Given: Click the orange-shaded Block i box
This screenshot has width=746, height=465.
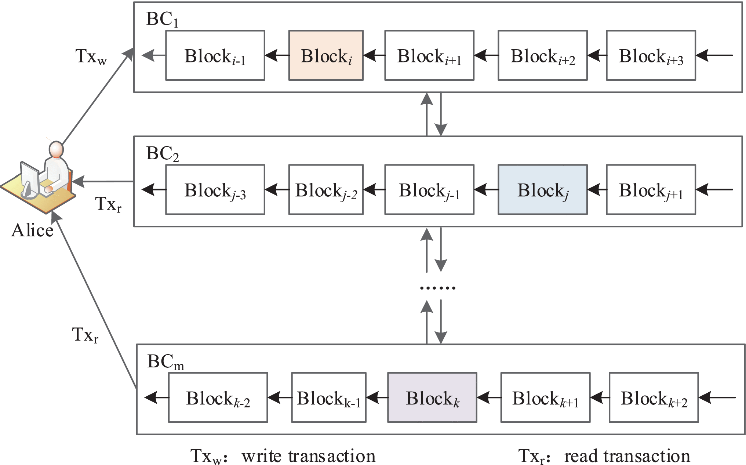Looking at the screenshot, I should click(326, 55).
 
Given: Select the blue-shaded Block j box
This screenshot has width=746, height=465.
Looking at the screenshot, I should click(542, 189).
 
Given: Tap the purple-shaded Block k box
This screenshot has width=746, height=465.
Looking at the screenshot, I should click(432, 397).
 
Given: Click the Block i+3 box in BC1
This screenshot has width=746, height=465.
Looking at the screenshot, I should click(651, 55).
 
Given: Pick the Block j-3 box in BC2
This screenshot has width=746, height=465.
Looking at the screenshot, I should click(215, 189).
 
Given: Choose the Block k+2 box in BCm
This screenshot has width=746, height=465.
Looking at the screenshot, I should click(654, 397).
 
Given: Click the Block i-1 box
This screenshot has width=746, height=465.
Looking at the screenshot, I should click(215, 55).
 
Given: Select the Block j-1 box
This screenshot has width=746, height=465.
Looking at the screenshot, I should click(429, 189).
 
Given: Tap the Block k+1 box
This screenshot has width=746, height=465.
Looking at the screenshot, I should click(545, 397).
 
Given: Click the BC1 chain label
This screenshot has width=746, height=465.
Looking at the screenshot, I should click(162, 19).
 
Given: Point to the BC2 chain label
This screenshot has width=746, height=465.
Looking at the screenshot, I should click(162, 154).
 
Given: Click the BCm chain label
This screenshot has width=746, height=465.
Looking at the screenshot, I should click(165, 362).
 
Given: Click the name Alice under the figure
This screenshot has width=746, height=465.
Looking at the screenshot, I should click(32, 230).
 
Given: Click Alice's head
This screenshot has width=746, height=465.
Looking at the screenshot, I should click(56, 149).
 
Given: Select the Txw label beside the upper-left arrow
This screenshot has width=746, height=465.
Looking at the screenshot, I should click(91, 57).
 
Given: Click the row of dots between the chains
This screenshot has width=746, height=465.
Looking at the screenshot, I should click(437, 288).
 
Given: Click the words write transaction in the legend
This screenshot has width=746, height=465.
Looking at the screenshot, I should click(308, 456).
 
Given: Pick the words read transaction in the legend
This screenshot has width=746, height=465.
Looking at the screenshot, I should click(627, 456).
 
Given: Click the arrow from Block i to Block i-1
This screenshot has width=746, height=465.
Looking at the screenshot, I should click(277, 56).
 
